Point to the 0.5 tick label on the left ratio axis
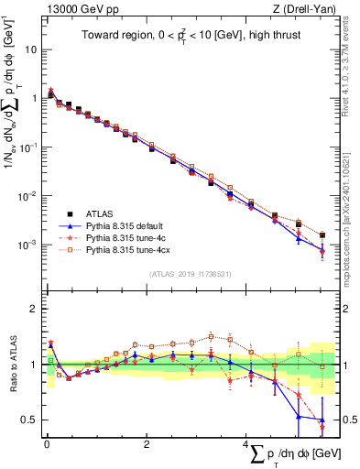click(29, 420)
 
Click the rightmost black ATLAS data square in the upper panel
click(322, 235)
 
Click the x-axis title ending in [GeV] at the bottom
click(285, 454)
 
